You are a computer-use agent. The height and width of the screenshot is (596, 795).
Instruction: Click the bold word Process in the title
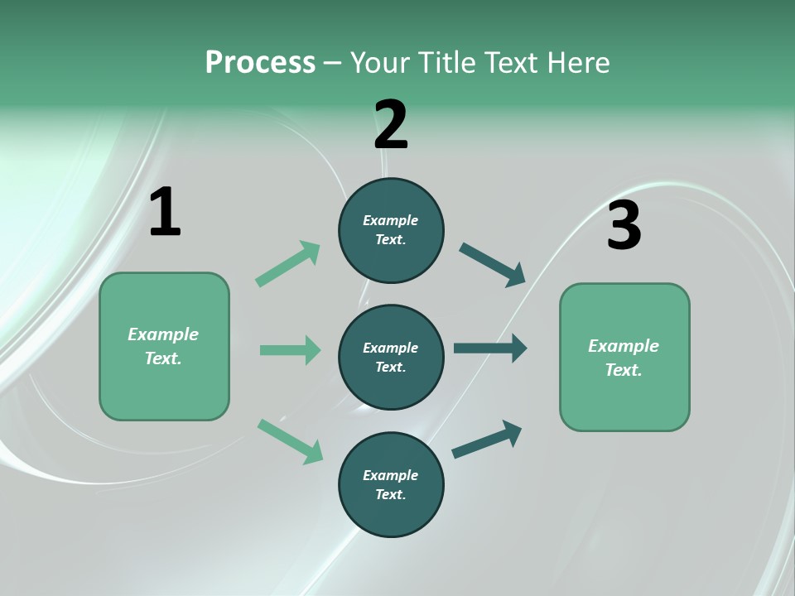[260, 63]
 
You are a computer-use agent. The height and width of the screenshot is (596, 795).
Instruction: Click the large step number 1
[165, 213]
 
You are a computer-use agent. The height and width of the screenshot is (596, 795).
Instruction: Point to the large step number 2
[391, 125]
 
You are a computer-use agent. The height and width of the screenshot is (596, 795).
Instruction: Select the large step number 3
[624, 226]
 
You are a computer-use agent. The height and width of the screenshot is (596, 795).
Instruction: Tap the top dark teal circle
[391, 230]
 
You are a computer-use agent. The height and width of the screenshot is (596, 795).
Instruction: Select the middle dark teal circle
[391, 358]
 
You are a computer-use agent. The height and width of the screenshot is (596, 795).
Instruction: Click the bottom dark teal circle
[391, 485]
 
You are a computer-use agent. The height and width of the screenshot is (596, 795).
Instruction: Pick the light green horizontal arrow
[290, 350]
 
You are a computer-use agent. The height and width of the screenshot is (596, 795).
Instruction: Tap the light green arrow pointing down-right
[291, 440]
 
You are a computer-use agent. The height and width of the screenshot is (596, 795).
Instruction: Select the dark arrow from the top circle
[493, 265]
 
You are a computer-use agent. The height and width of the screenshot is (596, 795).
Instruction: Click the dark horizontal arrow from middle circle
[490, 348]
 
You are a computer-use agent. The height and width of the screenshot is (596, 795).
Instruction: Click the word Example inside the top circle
[391, 220]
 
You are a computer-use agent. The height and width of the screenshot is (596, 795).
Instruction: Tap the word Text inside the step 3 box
[624, 370]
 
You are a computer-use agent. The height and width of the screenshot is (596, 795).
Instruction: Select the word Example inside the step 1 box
[163, 334]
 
